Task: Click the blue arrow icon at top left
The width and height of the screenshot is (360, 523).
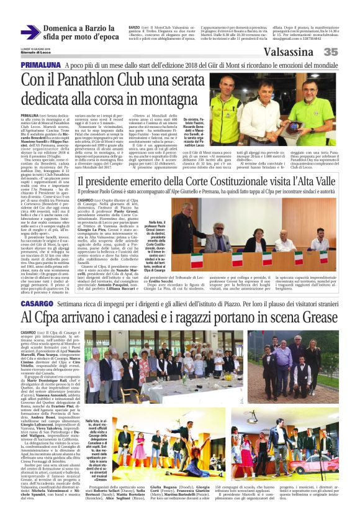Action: [x=30, y=32]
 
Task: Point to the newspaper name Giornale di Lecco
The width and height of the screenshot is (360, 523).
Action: [x=35, y=53]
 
